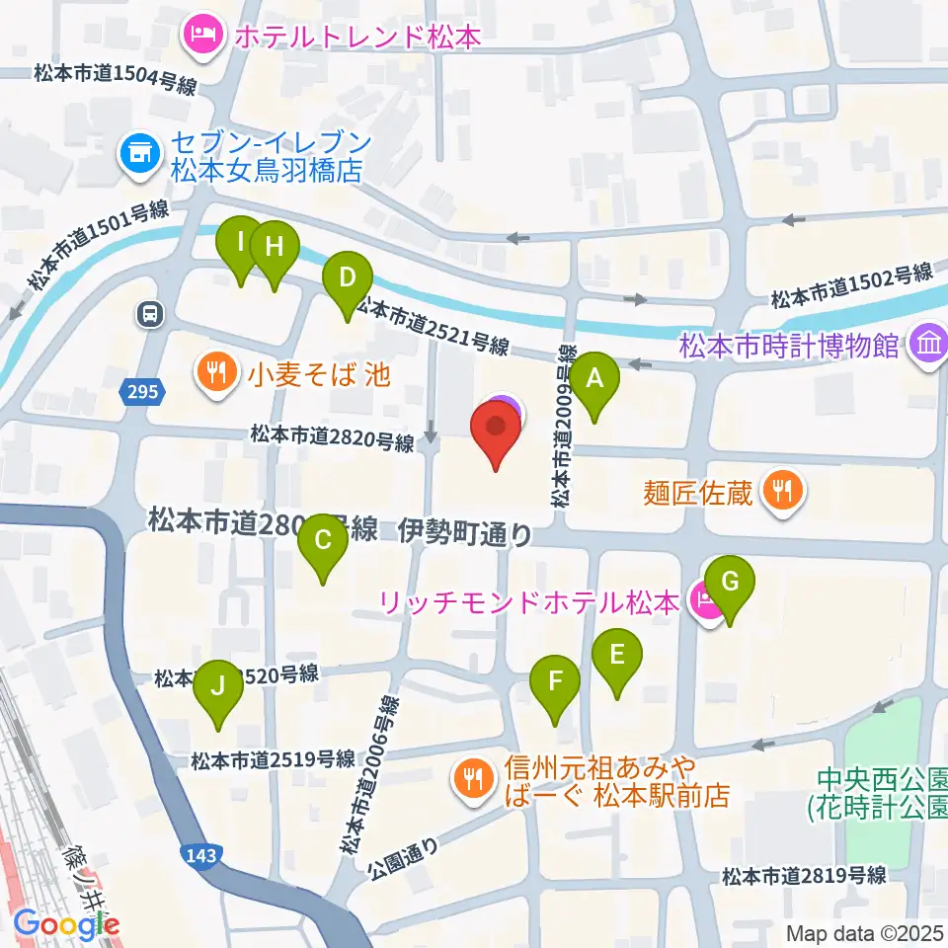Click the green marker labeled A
pyautogui.click(x=594, y=378)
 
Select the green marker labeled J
pyautogui.click(x=218, y=685)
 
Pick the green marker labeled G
pyautogui.click(x=730, y=582)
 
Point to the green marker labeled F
pyautogui.click(x=555, y=681)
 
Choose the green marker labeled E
pyautogui.click(x=617, y=656)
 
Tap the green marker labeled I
pyautogui.click(x=241, y=242)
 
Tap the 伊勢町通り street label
pyautogui.click(x=465, y=533)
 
